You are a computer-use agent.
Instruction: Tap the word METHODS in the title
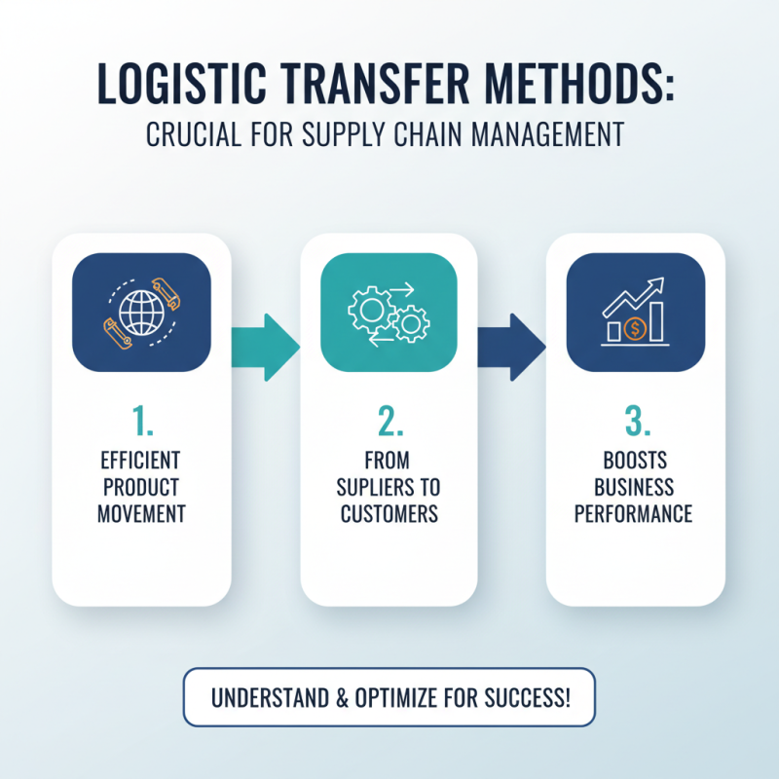[x=580, y=84]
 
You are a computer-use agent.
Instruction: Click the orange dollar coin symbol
[x=636, y=329]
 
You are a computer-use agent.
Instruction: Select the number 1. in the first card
[x=141, y=422]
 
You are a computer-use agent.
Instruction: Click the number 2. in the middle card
[x=389, y=422]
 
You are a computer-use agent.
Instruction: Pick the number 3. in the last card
[x=635, y=422]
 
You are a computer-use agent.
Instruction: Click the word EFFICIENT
[x=140, y=461]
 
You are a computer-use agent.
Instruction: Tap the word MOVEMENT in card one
[x=140, y=513]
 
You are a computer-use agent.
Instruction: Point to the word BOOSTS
[x=634, y=461]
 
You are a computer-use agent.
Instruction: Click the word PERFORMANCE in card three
[x=634, y=513]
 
